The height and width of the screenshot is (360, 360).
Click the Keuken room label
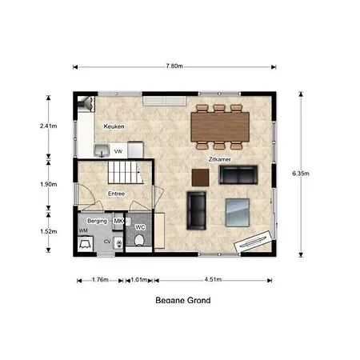click(114, 126)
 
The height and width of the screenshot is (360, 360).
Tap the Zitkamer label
click(219, 159)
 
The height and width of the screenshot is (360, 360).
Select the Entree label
click(116, 194)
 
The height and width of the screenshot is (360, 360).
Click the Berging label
click(97, 221)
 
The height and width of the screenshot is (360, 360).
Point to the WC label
click(140, 227)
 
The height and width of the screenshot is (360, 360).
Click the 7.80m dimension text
click(174, 66)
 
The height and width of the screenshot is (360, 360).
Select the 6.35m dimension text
click(301, 174)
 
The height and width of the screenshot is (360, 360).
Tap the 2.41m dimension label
click(49, 126)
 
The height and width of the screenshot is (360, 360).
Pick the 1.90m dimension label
click(49, 184)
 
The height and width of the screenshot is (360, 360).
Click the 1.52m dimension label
click(49, 231)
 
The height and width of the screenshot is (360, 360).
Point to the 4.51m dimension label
click(213, 279)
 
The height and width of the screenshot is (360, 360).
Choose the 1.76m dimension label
click(100, 280)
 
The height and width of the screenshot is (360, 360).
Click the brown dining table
click(220, 127)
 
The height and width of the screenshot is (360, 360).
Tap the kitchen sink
click(102, 150)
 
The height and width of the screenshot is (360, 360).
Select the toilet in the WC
click(139, 240)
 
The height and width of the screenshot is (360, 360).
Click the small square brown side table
click(200, 178)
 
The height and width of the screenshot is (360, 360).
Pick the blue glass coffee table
click(238, 213)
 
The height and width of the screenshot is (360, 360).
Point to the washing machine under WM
click(86, 244)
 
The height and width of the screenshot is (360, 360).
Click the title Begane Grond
click(183, 300)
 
